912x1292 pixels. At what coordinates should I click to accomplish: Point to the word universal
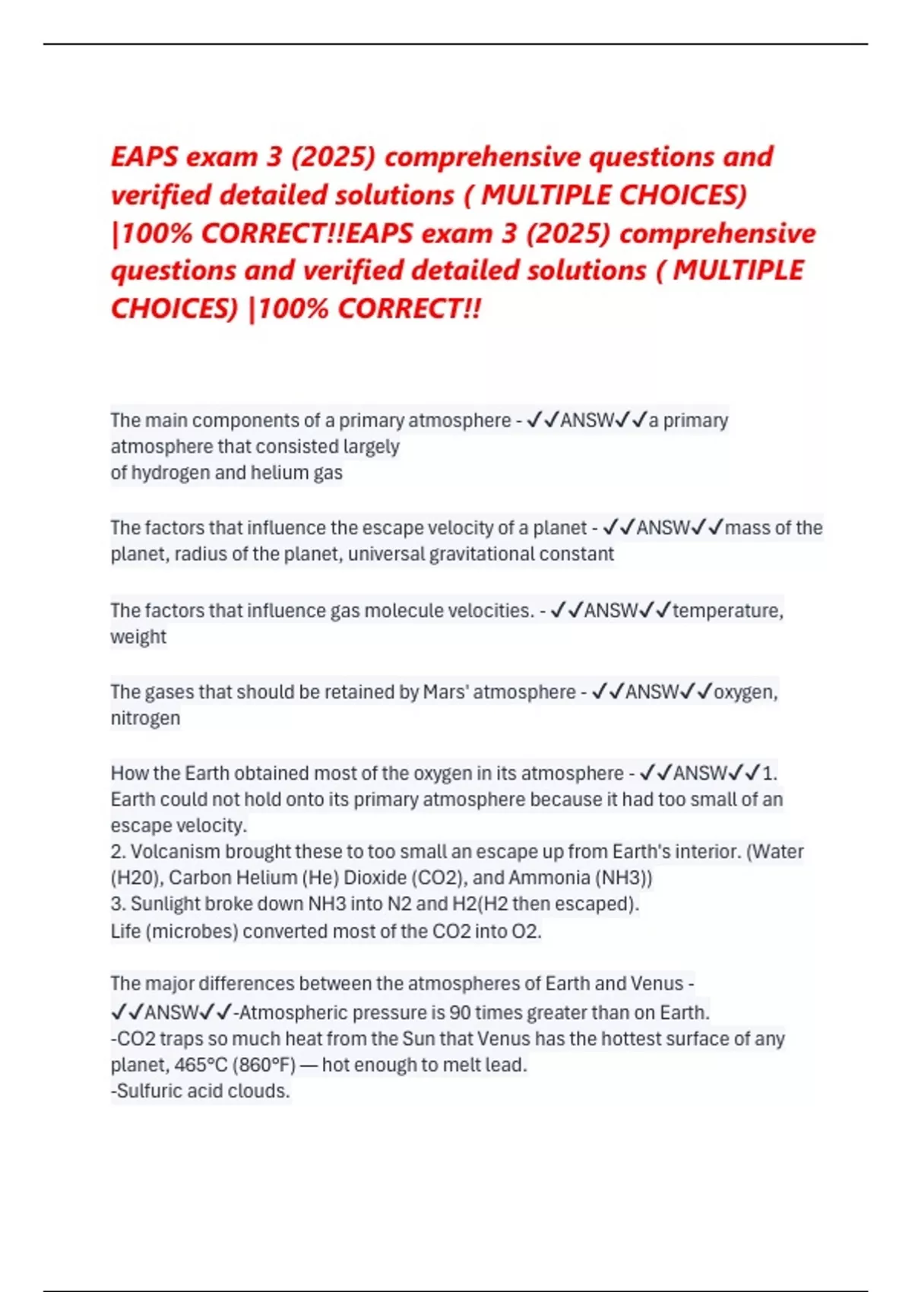[386, 554]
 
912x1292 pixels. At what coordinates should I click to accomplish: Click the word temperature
[727, 610]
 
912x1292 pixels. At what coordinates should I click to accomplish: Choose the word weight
[138, 637]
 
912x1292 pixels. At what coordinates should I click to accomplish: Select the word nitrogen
[145, 718]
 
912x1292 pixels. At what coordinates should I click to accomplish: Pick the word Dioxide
[375, 878]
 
